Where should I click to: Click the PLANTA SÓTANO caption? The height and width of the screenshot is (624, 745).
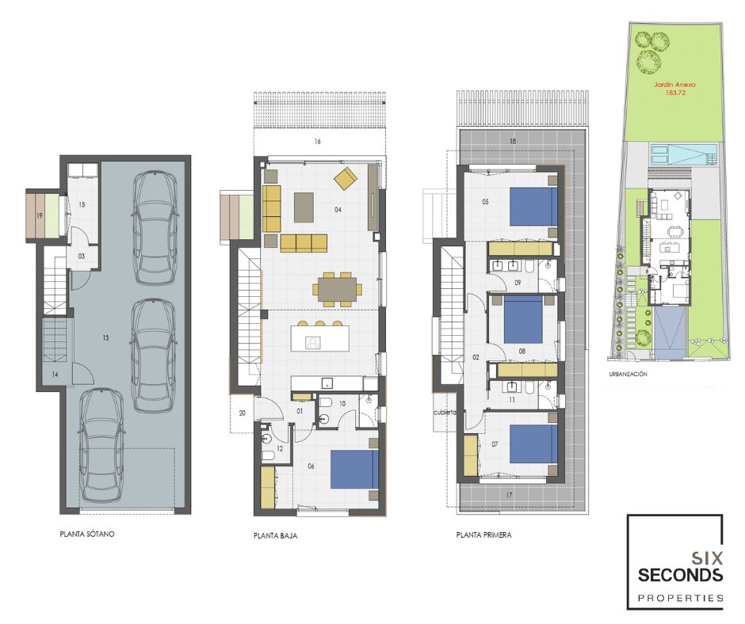point(87,534)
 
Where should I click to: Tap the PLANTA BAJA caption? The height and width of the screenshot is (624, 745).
point(276,535)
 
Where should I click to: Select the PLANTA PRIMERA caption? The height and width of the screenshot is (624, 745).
point(483,535)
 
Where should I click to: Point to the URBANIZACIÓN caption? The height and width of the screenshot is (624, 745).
point(628,375)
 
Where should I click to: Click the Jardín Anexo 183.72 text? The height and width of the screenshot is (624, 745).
point(675,89)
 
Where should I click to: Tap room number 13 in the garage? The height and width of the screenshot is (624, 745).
point(105,337)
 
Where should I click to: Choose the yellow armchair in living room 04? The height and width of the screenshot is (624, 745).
point(346,177)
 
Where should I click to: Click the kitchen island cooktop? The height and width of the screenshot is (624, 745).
point(313,343)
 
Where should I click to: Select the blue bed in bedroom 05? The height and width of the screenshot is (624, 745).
point(533,207)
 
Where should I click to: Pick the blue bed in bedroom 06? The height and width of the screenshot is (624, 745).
point(354,469)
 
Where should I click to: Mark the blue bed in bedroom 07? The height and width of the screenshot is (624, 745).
point(533,443)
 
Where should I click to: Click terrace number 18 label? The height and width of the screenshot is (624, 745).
point(512,141)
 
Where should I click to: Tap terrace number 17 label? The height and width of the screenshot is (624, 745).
point(510,495)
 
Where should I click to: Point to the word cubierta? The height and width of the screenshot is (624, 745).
point(445,413)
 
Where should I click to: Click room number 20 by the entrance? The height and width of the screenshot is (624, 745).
point(243,413)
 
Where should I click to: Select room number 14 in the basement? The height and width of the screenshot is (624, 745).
point(55,375)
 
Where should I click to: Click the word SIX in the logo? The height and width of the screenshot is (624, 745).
point(707,557)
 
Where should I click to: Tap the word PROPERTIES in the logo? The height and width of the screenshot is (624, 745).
point(680,598)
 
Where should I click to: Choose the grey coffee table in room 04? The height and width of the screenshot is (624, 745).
point(304,207)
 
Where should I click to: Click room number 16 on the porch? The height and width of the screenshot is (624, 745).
point(317,141)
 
